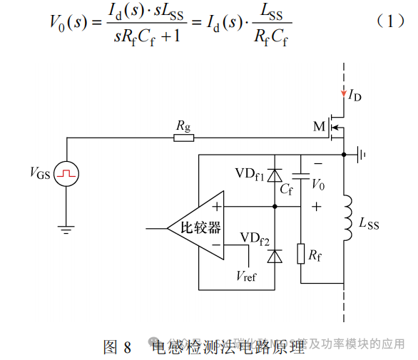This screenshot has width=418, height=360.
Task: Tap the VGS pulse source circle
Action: coord(67,173)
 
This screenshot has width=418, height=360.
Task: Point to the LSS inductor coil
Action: coord(347,218)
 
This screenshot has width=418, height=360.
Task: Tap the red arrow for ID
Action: coord(343,93)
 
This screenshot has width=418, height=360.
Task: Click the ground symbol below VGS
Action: coord(67,229)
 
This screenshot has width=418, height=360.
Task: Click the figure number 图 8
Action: coord(117,347)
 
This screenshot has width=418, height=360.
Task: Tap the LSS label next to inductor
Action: coord(369,225)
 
